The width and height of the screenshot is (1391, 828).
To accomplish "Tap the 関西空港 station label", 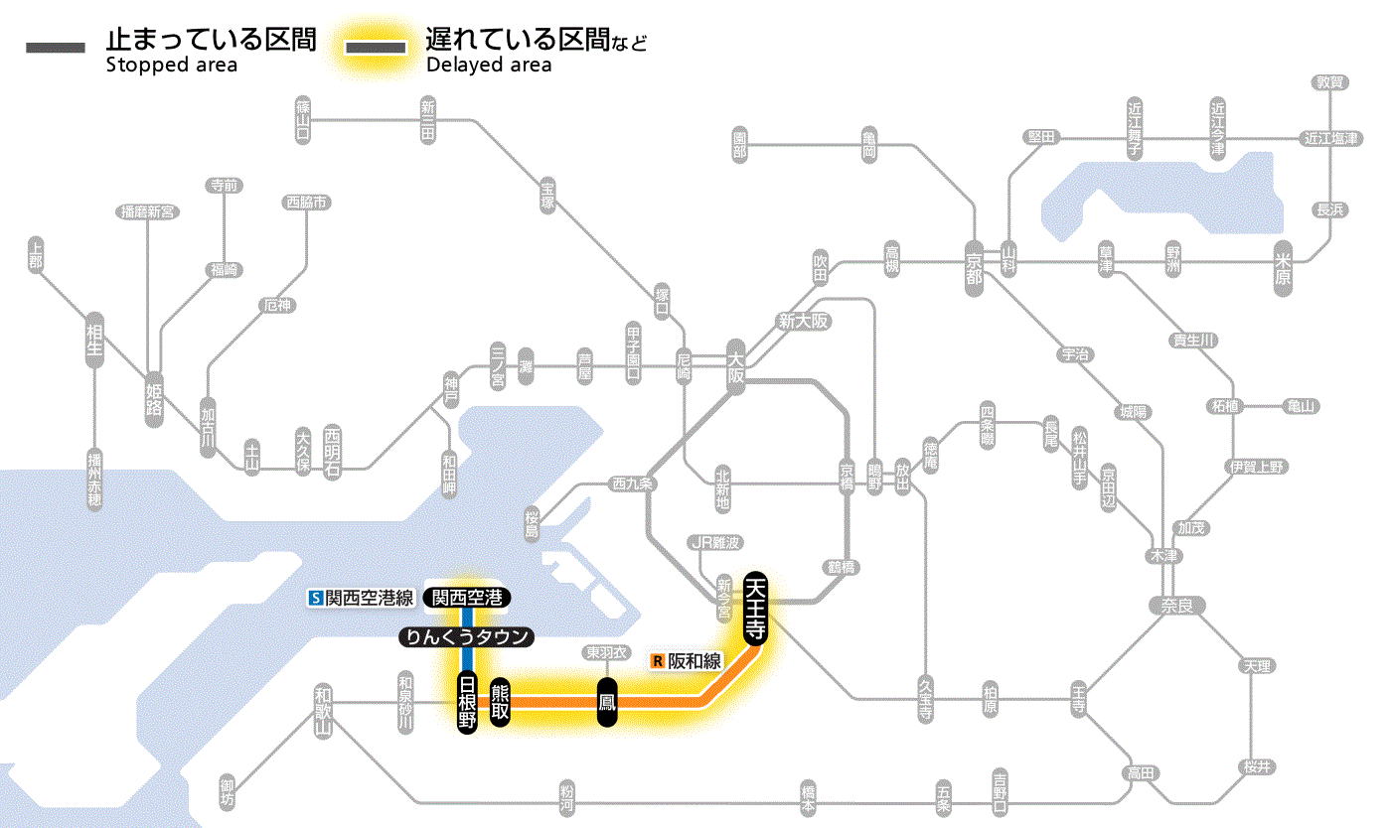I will click(x=467, y=598).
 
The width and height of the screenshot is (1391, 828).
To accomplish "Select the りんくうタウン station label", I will click(x=465, y=637).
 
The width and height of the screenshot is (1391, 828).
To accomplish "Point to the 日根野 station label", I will click(x=467, y=702).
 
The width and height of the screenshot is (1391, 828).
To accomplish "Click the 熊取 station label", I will click(x=500, y=702).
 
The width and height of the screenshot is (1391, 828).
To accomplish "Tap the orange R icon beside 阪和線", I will click(x=657, y=660).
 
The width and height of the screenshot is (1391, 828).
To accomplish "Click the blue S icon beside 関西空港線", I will click(x=316, y=598).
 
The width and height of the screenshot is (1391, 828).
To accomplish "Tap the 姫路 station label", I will click(x=154, y=398).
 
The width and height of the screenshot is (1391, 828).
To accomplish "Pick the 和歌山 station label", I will click(x=322, y=711).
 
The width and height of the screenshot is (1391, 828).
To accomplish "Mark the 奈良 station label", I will click(x=1176, y=605).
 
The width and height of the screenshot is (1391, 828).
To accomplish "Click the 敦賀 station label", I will click(x=1329, y=82).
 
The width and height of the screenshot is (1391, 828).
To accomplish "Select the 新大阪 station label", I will click(x=803, y=321).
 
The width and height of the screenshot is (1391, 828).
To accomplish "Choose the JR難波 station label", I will click(x=715, y=542).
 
